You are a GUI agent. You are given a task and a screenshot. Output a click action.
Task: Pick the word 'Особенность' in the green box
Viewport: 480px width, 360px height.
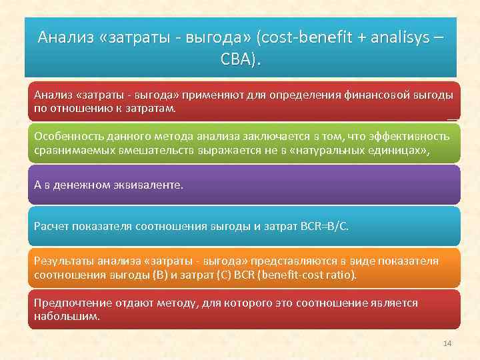point(66,136)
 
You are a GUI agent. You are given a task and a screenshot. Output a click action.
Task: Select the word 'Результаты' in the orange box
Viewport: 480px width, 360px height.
point(63,261)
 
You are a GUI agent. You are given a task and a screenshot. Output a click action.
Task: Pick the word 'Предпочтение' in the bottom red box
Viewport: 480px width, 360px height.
point(69,303)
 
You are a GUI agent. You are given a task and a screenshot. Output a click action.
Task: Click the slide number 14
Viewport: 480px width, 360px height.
point(447,343)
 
